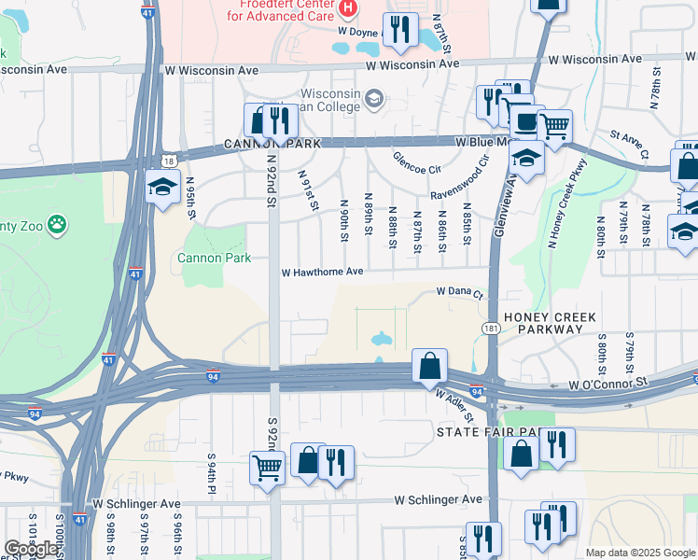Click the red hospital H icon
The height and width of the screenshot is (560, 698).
coord(348,8)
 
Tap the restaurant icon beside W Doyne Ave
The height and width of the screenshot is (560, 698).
coord(400,29)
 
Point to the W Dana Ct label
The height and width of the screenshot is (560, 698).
coord(462,292)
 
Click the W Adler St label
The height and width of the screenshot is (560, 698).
coord(454,405)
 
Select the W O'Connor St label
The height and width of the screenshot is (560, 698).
coord(608,384)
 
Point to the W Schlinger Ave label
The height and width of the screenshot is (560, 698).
coord(439,500)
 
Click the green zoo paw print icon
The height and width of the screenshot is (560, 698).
coord(57,224)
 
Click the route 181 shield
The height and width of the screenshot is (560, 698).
coord(491,329)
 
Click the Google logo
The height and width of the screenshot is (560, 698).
coord(31,549)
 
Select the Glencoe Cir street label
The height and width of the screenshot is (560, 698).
coord(417,162)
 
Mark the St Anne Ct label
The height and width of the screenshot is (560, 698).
coord(629,141)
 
